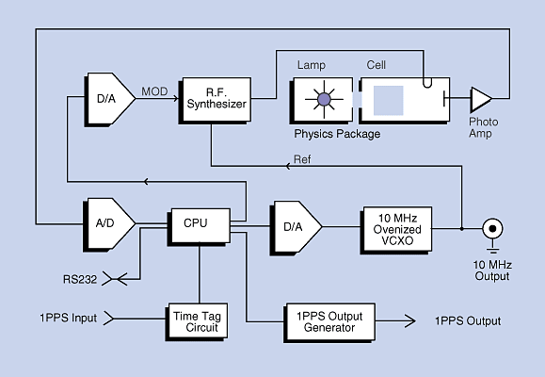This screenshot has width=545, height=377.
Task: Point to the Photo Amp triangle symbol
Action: (481, 97)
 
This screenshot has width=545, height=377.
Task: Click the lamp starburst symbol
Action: (324, 98)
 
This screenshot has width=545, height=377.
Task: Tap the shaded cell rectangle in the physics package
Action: (389, 99)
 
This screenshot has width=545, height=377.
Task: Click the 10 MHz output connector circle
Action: (490, 228)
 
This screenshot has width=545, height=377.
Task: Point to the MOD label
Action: (155, 90)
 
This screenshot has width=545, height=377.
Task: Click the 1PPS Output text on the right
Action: (468, 321)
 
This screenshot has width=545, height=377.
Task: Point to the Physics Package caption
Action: (336, 134)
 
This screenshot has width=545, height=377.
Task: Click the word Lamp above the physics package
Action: (312, 66)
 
